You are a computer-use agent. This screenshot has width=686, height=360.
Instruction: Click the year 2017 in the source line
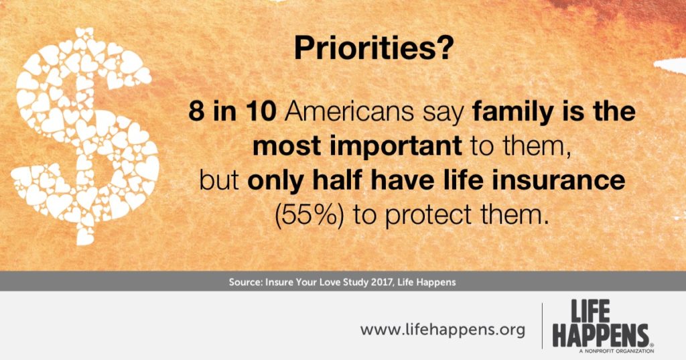click(x=381, y=282)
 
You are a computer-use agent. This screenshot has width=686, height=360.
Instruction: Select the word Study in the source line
click(x=355, y=283)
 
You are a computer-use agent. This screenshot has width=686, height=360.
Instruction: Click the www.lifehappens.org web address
click(x=442, y=329)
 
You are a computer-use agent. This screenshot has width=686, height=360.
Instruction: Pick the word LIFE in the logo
click(x=590, y=312)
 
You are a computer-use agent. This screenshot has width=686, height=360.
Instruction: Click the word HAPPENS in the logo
click(x=600, y=336)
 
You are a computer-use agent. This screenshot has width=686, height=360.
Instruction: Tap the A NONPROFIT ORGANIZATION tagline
click(x=616, y=351)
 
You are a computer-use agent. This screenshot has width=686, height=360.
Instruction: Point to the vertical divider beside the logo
click(x=543, y=326)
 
